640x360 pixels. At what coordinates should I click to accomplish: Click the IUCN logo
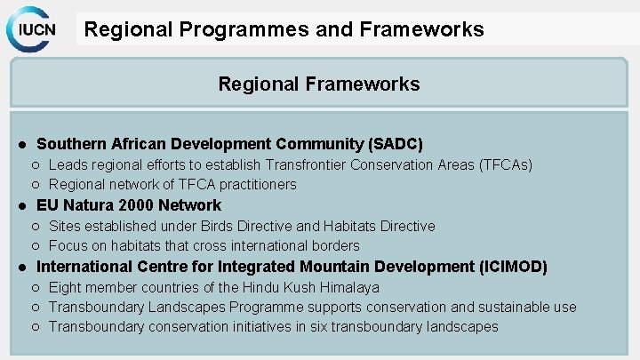tap(34, 28)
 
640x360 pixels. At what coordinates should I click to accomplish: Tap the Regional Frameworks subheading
tap(319, 84)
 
